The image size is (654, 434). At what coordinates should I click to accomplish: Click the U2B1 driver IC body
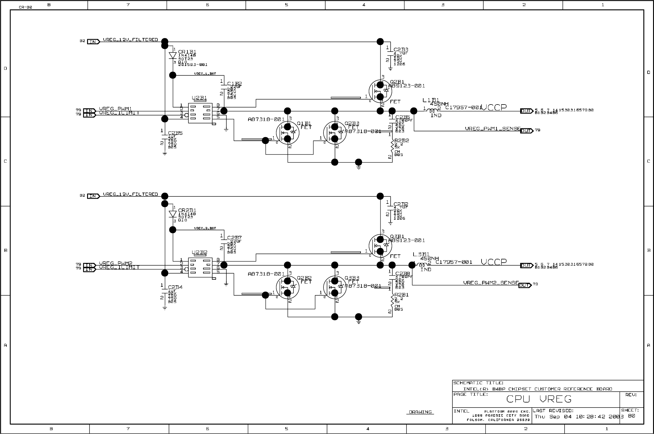[200, 113]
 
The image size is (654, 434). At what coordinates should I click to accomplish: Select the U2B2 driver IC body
[200, 268]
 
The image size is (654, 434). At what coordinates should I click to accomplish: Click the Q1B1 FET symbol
[288, 133]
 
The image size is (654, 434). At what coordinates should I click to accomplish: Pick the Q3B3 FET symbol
[335, 287]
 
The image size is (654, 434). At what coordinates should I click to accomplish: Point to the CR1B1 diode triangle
[173, 56]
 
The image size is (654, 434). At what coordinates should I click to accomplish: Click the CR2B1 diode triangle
[173, 214]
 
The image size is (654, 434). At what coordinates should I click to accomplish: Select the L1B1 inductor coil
[432, 111]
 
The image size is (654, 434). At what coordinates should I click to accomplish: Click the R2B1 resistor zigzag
[392, 302]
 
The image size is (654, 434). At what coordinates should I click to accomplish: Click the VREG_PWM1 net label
[115, 109]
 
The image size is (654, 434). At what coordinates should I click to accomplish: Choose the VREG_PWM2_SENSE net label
[491, 283]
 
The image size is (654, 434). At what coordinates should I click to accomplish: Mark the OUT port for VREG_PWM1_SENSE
[526, 131]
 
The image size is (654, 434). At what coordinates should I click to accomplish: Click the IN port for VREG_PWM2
[89, 265]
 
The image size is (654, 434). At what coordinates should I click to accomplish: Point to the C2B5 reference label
[175, 133]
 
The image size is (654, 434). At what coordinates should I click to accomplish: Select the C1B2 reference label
[235, 84]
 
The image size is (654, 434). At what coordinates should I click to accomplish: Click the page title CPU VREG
[539, 399]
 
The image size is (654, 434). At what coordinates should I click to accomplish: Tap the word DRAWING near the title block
[420, 412]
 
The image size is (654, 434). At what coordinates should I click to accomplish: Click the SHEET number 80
[631, 416]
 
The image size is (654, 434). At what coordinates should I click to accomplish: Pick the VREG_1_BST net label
[205, 74]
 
